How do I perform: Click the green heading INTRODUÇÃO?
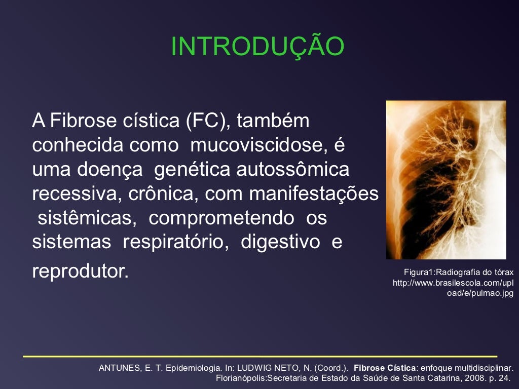pos(258,47)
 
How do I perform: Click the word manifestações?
pos(314,194)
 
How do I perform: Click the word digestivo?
pos(280,242)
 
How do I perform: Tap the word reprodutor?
pos(81,271)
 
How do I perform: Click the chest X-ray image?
pos(446,180)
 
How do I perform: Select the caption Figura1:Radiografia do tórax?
pos(458,272)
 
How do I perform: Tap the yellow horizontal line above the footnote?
pos(259,356)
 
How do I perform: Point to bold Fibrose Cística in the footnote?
pos(385,368)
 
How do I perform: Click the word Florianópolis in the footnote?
pos(242,378)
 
